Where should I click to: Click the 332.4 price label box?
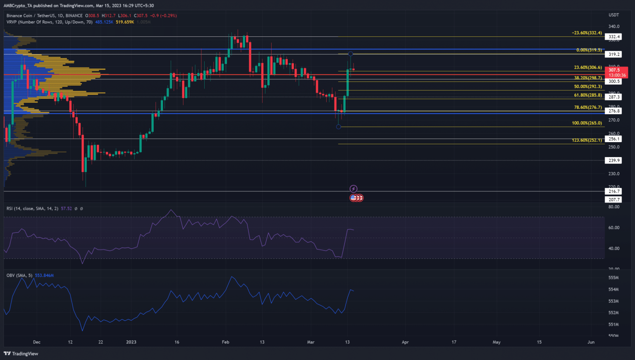[x=614, y=37]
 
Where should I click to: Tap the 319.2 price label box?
[x=614, y=54]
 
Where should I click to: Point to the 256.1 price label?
[x=614, y=139]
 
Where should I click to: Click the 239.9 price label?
[x=614, y=160]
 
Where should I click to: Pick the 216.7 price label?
[x=614, y=191]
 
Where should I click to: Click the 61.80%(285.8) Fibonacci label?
[x=588, y=95]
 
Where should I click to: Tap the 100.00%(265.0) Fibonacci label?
[x=587, y=123]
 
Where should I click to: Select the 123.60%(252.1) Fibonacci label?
[x=587, y=141]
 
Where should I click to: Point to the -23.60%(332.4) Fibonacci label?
[x=587, y=33]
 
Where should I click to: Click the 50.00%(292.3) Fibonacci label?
[x=588, y=87]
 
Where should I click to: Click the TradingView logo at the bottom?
[x=21, y=353]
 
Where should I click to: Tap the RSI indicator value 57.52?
[x=66, y=209]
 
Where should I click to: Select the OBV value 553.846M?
[x=44, y=275]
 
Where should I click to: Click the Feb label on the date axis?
[x=225, y=342]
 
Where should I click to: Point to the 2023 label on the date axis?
[x=131, y=342]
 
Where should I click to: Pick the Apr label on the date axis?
[x=405, y=342]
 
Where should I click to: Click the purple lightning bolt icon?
[x=353, y=189]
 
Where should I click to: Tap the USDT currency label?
[x=614, y=15]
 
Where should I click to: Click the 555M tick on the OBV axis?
[x=614, y=278]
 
